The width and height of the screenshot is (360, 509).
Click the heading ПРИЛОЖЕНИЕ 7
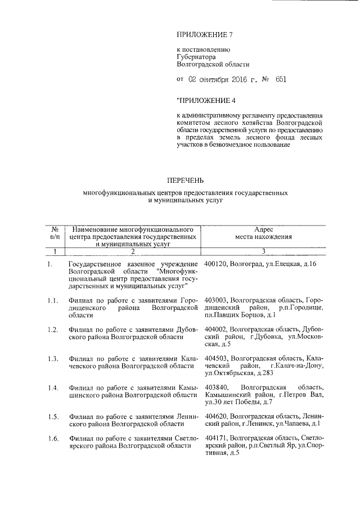click(x=204, y=35)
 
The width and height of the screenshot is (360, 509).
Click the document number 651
click(x=281, y=79)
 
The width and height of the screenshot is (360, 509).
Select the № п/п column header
click(x=56, y=233)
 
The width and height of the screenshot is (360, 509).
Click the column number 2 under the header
click(x=133, y=251)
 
